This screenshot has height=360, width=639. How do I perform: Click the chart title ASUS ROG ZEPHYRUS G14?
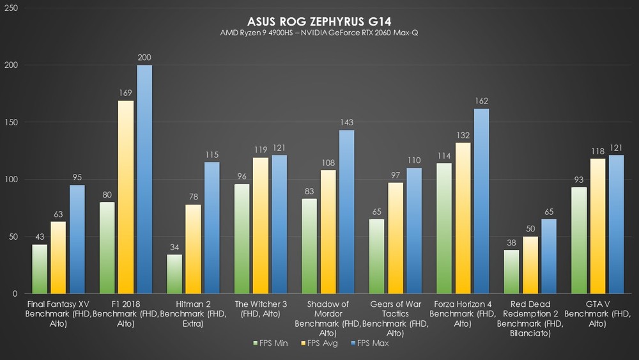[319, 21]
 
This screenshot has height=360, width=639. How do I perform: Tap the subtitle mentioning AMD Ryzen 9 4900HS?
[319, 33]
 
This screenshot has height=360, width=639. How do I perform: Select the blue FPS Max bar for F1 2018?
[144, 180]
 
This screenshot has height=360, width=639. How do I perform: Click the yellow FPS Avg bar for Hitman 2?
[193, 249]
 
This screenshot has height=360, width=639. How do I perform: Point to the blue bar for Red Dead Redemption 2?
[549, 256]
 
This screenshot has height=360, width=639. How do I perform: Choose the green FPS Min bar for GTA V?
[579, 240]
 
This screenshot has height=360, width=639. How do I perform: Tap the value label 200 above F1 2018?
[144, 58]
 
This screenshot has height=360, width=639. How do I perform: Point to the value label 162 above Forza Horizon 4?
[481, 102]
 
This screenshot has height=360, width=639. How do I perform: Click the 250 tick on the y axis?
[11, 8]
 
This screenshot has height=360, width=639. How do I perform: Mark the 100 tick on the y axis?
[11, 180]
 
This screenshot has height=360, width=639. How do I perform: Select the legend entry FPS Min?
[271, 343]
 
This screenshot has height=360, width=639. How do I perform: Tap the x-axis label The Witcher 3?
[260, 309]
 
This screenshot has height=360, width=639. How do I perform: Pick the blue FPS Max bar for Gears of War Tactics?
[414, 231]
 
